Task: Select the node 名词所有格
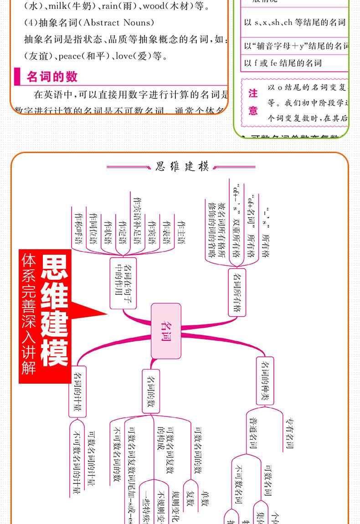(237, 293)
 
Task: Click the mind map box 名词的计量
(77, 392)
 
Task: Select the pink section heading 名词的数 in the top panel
(52, 76)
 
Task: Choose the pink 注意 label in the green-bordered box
(253, 102)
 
